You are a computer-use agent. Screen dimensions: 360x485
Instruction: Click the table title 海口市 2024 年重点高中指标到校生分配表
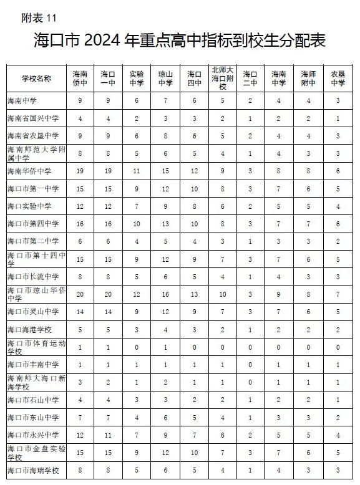(x=180, y=41)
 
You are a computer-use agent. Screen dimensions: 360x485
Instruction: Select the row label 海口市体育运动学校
(x=36, y=347)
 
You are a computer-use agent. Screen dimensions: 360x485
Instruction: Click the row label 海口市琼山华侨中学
(x=36, y=294)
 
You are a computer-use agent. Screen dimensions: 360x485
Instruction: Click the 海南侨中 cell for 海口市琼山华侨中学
(x=80, y=294)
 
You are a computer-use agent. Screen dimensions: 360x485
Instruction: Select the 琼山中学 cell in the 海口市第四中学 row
(x=165, y=223)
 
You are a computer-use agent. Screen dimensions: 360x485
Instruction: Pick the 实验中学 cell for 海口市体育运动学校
(x=137, y=347)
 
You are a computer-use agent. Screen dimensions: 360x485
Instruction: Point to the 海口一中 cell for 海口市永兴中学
(x=109, y=435)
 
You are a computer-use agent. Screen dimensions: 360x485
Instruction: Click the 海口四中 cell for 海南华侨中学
(x=194, y=171)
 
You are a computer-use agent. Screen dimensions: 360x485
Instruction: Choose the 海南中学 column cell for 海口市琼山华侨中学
(x=279, y=294)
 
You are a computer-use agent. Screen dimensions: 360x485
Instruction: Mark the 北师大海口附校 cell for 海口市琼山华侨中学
(x=222, y=294)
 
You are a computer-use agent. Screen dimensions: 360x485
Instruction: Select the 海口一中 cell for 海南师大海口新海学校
(x=109, y=382)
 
